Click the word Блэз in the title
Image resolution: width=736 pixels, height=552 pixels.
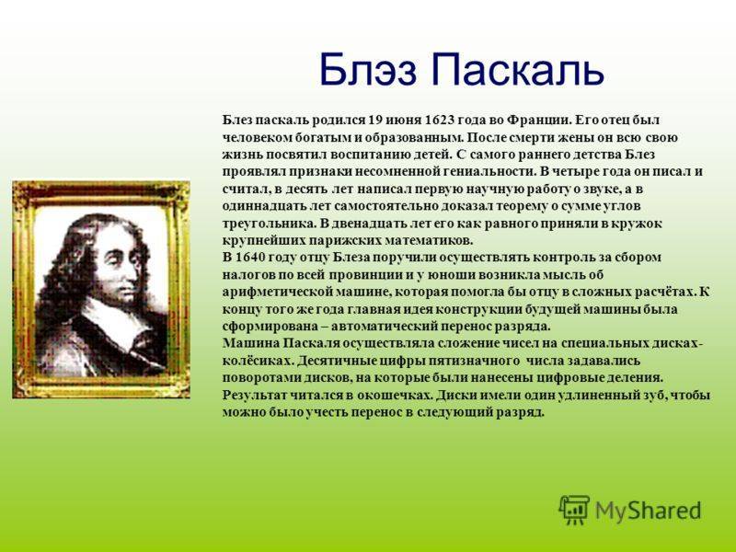pos(367,69)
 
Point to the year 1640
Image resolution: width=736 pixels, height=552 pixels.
pos(252,258)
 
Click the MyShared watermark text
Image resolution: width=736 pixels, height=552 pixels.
pos(649,511)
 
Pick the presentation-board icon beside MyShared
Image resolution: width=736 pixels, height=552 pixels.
pos(574,510)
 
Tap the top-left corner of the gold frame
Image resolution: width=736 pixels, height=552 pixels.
pos(13,181)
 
